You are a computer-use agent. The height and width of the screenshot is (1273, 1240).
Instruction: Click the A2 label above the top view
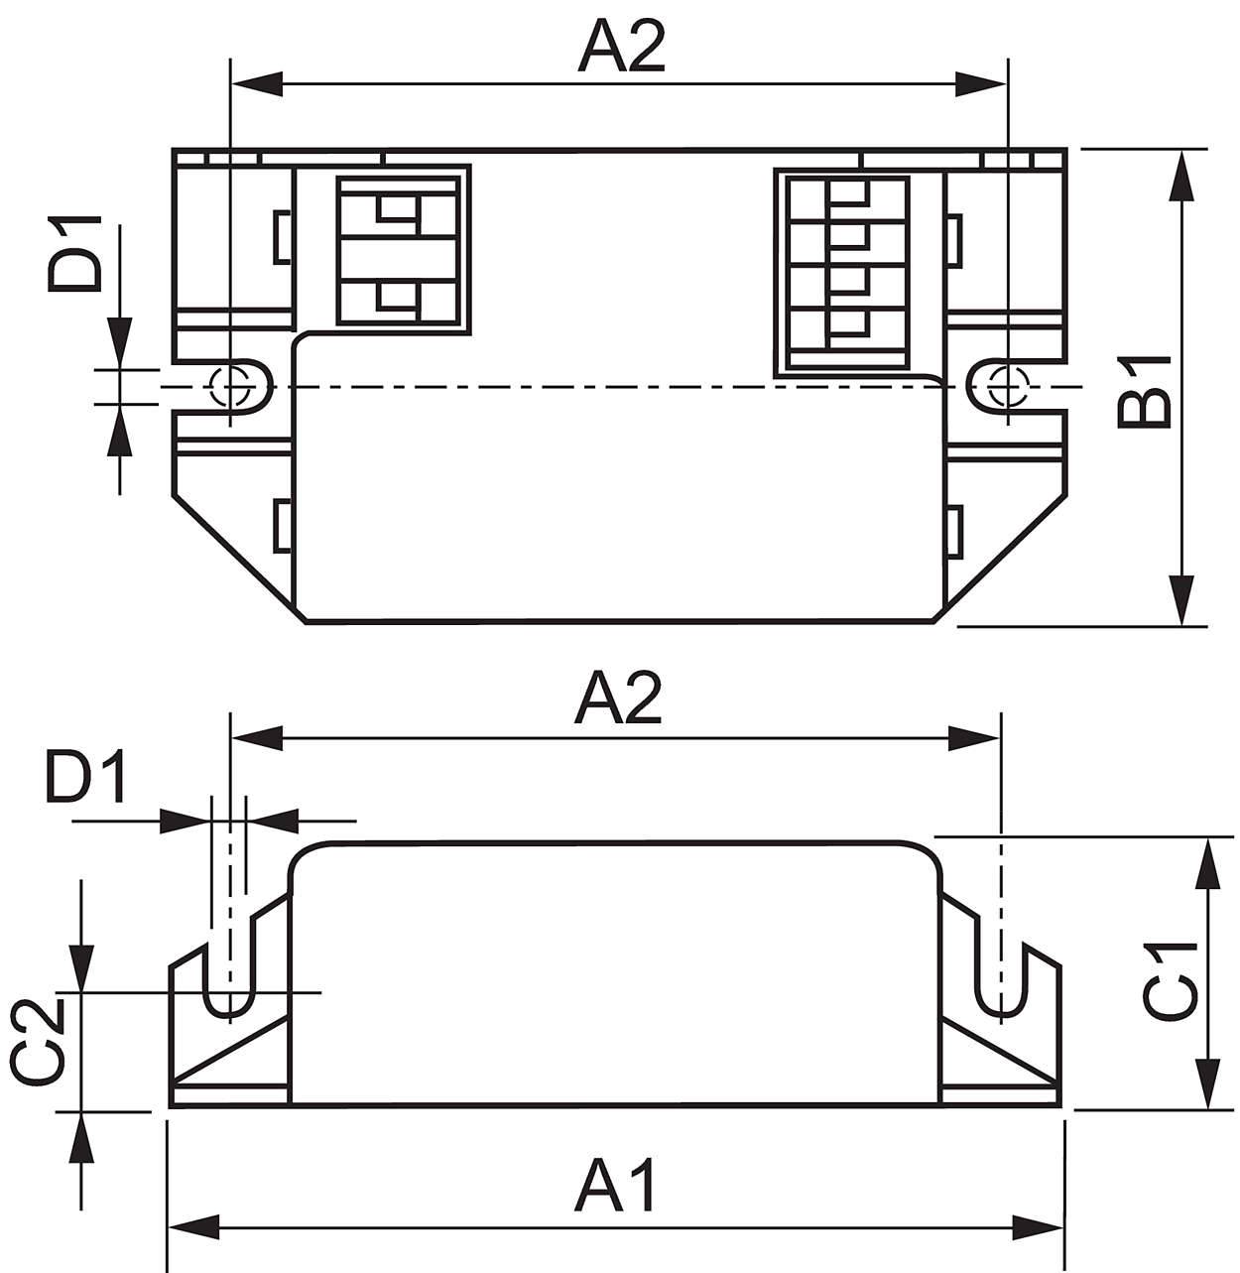click(x=621, y=45)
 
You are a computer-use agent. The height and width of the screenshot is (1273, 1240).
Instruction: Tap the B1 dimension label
click(x=1143, y=392)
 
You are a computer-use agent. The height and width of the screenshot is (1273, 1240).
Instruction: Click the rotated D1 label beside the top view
click(x=74, y=253)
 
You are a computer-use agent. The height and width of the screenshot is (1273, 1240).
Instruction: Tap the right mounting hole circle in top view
click(x=1008, y=387)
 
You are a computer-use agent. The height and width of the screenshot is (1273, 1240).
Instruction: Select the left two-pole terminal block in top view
click(x=399, y=251)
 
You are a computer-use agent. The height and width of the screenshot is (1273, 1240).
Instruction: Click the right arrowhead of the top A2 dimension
click(x=982, y=84)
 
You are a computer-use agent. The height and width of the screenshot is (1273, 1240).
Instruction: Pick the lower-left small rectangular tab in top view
click(x=282, y=525)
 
